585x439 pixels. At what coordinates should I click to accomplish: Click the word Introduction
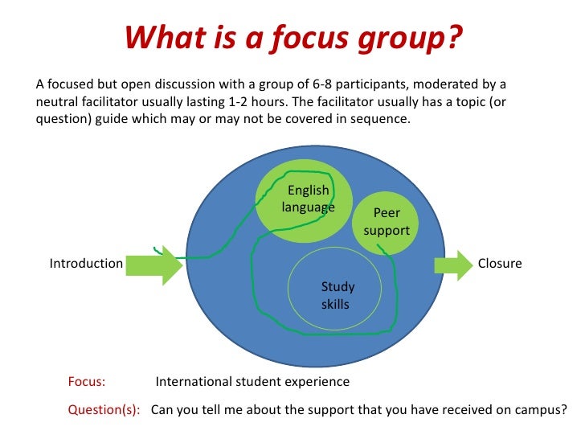(x=86, y=264)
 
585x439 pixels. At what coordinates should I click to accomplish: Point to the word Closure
(x=500, y=263)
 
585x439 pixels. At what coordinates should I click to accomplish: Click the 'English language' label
(x=309, y=199)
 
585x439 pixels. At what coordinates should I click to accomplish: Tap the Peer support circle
(x=387, y=222)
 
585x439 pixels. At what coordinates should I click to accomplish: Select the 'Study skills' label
(x=337, y=295)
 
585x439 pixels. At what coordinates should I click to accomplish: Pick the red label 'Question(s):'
(x=104, y=408)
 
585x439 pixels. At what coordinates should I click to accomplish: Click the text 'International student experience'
(x=252, y=382)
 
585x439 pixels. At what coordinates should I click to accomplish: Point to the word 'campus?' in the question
(x=538, y=408)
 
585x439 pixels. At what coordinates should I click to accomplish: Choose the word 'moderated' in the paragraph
(x=440, y=84)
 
